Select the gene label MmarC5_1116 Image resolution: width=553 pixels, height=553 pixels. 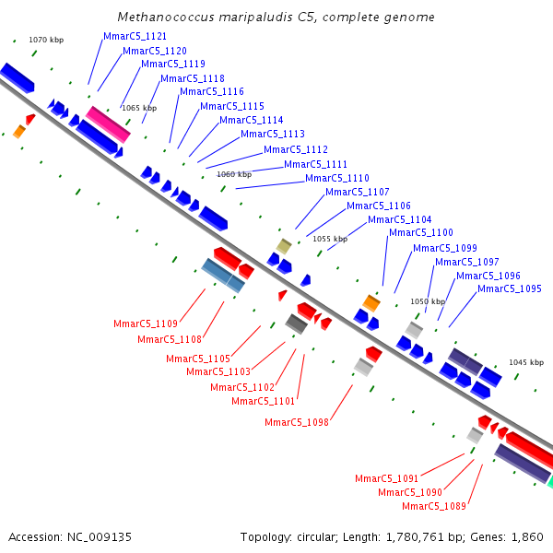[x=212, y=92]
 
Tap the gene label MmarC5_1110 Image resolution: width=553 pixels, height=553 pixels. [x=337, y=178]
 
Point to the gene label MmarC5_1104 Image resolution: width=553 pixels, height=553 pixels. [x=400, y=219]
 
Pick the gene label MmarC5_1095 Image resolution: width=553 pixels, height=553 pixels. [x=510, y=289]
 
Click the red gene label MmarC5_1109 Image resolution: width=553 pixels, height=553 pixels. [x=146, y=324]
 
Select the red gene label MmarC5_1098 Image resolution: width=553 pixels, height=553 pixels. [x=297, y=422]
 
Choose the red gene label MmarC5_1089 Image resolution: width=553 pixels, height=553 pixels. [x=434, y=506]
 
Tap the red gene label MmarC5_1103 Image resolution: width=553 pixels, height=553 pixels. [x=218, y=371]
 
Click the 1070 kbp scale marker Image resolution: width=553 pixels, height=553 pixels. [x=46, y=41]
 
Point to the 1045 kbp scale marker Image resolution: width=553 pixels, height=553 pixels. [x=526, y=362]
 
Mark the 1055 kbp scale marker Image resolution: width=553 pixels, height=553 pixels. [x=330, y=239]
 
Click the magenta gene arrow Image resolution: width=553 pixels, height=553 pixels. [x=109, y=124]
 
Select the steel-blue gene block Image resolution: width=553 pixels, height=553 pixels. [x=223, y=276]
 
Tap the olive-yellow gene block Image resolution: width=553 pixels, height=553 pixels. [x=285, y=246]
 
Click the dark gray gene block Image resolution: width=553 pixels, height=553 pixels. [x=296, y=324]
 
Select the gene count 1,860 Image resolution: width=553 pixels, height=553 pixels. [x=526, y=536]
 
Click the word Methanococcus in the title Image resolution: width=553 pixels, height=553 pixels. [x=163, y=18]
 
